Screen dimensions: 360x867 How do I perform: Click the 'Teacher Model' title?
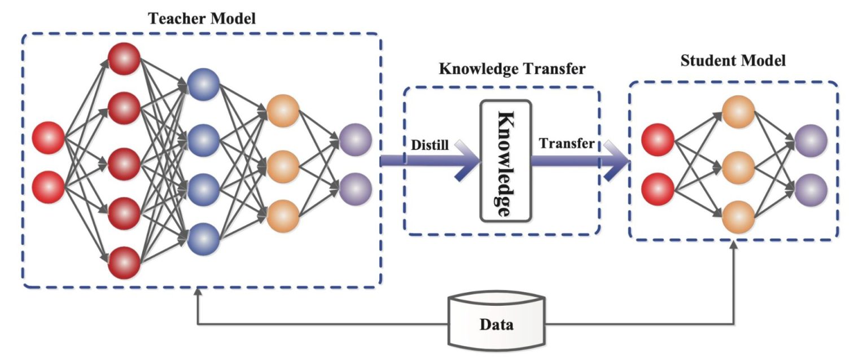[x=202, y=18]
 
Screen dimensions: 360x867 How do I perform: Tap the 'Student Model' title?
[x=733, y=60]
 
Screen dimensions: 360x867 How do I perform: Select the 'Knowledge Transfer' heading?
[x=512, y=69]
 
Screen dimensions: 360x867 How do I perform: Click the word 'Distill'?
[x=431, y=145]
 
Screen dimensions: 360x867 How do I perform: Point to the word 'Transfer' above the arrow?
[x=566, y=143]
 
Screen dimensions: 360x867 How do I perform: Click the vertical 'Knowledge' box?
[x=505, y=160]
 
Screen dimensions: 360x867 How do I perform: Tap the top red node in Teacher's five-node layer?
[x=124, y=58]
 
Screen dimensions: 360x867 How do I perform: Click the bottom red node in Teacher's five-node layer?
[x=124, y=263]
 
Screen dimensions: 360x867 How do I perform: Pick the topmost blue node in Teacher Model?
[x=203, y=85]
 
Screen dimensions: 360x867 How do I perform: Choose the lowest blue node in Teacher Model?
[x=203, y=239]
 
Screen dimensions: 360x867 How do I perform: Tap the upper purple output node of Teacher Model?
[x=356, y=138]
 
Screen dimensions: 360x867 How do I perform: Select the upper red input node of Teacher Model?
[x=49, y=138]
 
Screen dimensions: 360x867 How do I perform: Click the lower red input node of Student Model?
[x=658, y=188]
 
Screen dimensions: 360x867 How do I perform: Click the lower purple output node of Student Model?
[x=811, y=188]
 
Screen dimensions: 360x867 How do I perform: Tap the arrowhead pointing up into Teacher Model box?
[x=197, y=293]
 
